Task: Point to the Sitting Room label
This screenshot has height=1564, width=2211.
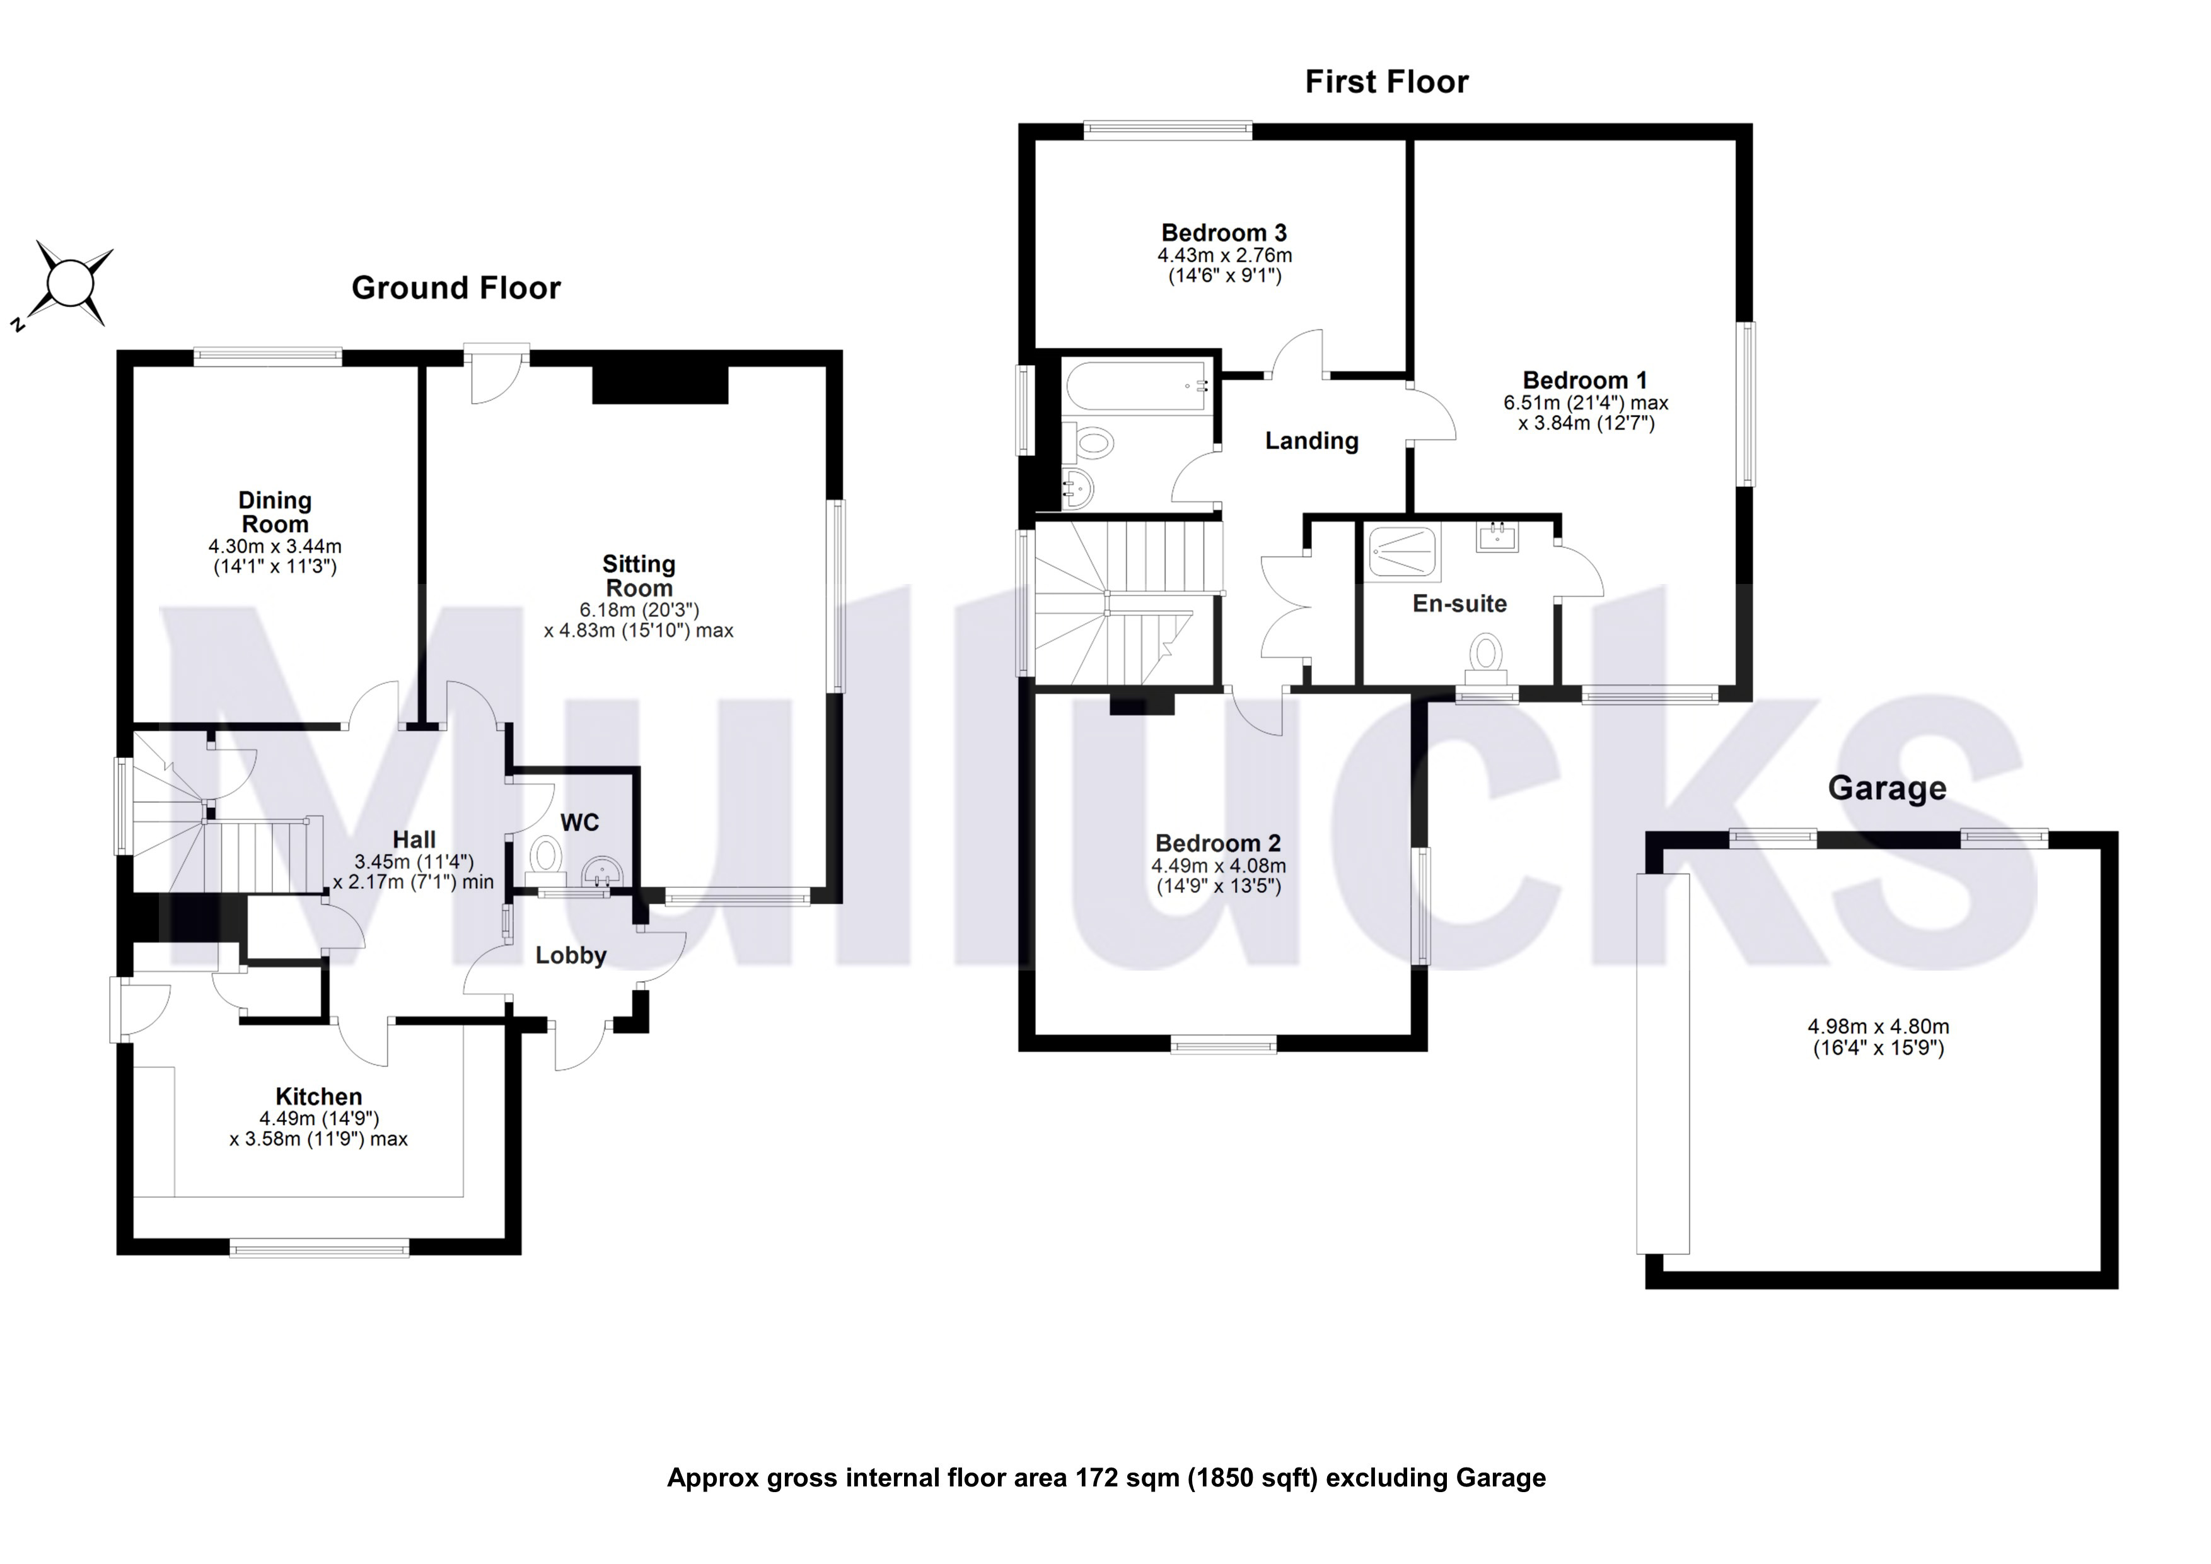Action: coord(639,576)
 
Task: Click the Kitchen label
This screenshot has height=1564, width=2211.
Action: coord(319,1096)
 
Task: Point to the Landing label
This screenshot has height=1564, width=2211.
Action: coord(1311,441)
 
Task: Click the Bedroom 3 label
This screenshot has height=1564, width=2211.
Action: coord(1224,233)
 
